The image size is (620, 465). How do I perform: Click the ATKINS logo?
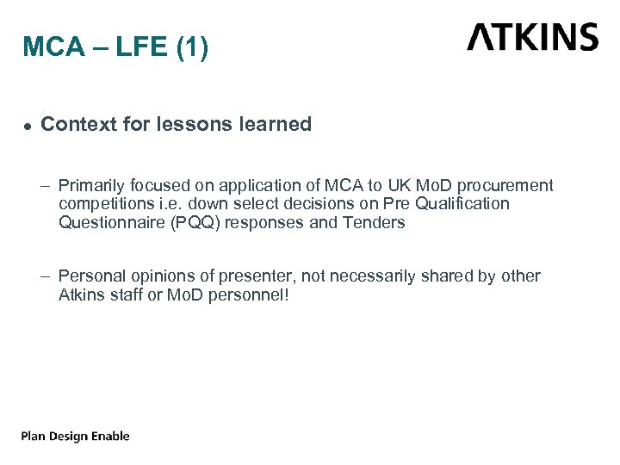click(532, 38)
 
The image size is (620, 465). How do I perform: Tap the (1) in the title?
click(192, 48)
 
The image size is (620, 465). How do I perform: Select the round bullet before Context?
click(28, 126)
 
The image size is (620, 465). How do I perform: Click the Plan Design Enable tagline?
click(76, 436)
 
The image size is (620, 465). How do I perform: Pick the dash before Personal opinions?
click(45, 276)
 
